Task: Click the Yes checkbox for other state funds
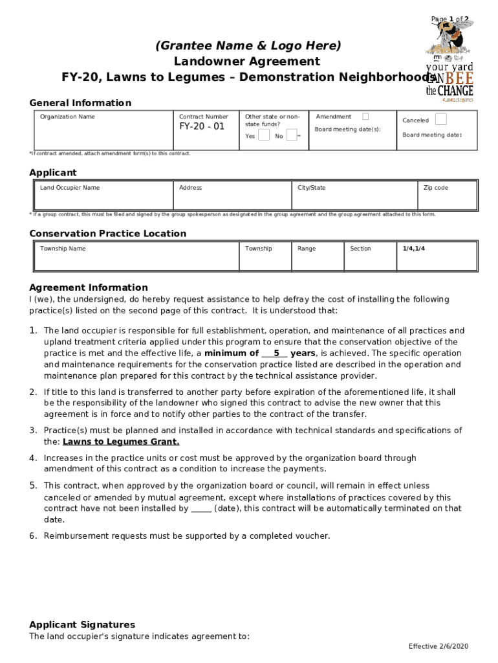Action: pos(264,135)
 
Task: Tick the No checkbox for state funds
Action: pos(292,135)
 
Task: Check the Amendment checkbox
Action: pos(365,117)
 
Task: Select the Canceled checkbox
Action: pos(440,119)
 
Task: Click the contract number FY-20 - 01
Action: pos(202,126)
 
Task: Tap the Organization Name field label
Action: pos(67,117)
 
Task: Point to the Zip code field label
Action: pos(436,188)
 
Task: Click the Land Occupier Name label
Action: pos(70,188)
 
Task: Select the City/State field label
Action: pos(312,188)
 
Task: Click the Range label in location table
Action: pos(307,249)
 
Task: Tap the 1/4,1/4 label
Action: pos(414,249)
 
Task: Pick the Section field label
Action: pos(360,249)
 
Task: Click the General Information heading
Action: pos(80,103)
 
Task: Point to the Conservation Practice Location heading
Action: pos(107,234)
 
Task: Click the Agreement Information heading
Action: pos(89,287)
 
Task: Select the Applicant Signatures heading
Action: pos(82,625)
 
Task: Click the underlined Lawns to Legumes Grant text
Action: pos(121,442)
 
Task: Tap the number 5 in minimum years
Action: pos(276,354)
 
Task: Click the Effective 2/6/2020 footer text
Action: pos(438,647)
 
